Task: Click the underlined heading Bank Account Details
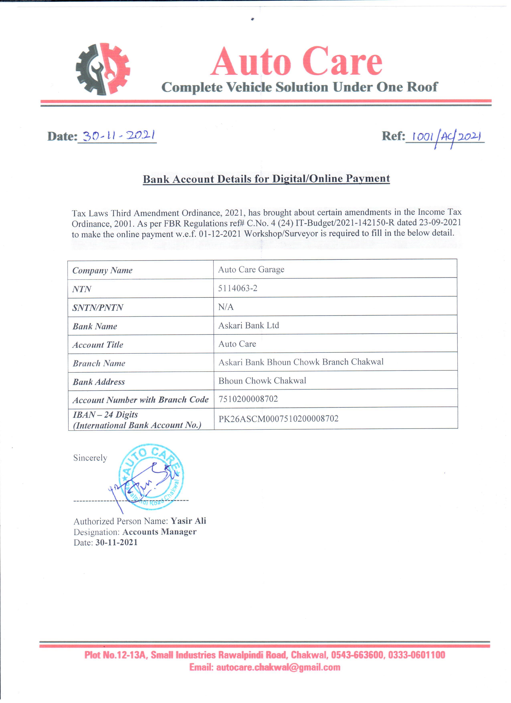[x=266, y=179]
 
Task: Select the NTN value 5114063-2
[x=238, y=288]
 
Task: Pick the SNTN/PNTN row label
[x=98, y=307]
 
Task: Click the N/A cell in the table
[x=226, y=307]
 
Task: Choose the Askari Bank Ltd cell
[x=248, y=326]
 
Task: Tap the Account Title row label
[x=98, y=345]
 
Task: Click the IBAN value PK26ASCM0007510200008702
[x=279, y=419]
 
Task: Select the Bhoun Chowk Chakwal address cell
[x=262, y=381]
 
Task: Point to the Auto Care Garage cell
[x=251, y=270]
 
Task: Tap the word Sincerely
[x=90, y=458]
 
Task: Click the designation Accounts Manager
[x=160, y=532]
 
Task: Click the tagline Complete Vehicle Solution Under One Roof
[x=299, y=87]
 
